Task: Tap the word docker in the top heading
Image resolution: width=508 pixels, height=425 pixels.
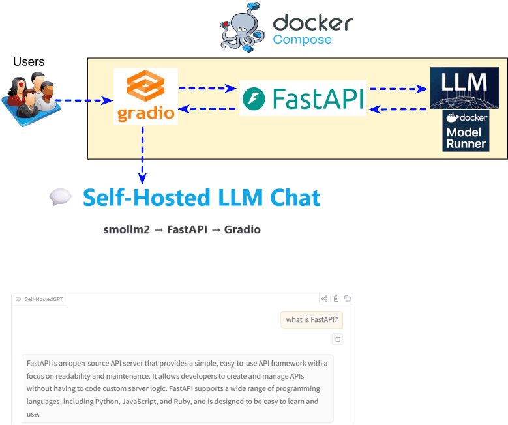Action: (x=313, y=23)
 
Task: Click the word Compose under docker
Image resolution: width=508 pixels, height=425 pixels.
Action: (x=302, y=40)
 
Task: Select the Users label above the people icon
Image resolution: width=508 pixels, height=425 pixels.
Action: (x=29, y=62)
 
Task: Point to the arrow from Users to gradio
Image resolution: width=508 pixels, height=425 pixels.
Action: (x=83, y=100)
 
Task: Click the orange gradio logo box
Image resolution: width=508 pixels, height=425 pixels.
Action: (x=145, y=96)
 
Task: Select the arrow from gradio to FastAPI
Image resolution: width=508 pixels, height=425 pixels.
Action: (x=207, y=87)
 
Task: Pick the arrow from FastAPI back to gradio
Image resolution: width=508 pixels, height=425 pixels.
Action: (x=207, y=109)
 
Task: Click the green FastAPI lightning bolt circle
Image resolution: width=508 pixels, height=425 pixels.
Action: (x=253, y=98)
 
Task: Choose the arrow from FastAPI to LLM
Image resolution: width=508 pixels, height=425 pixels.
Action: (x=398, y=87)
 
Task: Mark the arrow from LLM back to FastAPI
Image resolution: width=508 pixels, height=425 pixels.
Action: (x=398, y=109)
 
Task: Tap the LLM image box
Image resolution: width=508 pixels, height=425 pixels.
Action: (x=464, y=87)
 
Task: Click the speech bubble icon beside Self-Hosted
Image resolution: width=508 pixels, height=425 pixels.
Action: (x=60, y=198)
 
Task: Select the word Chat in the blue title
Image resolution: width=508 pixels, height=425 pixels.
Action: (x=289, y=198)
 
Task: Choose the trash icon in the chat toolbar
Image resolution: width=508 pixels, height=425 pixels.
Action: (x=336, y=299)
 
